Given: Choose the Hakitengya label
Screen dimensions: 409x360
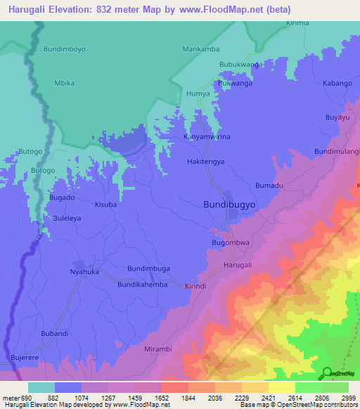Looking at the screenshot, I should (x=206, y=161).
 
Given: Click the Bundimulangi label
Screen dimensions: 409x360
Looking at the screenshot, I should (x=337, y=151).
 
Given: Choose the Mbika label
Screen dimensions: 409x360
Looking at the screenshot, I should (x=64, y=83).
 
